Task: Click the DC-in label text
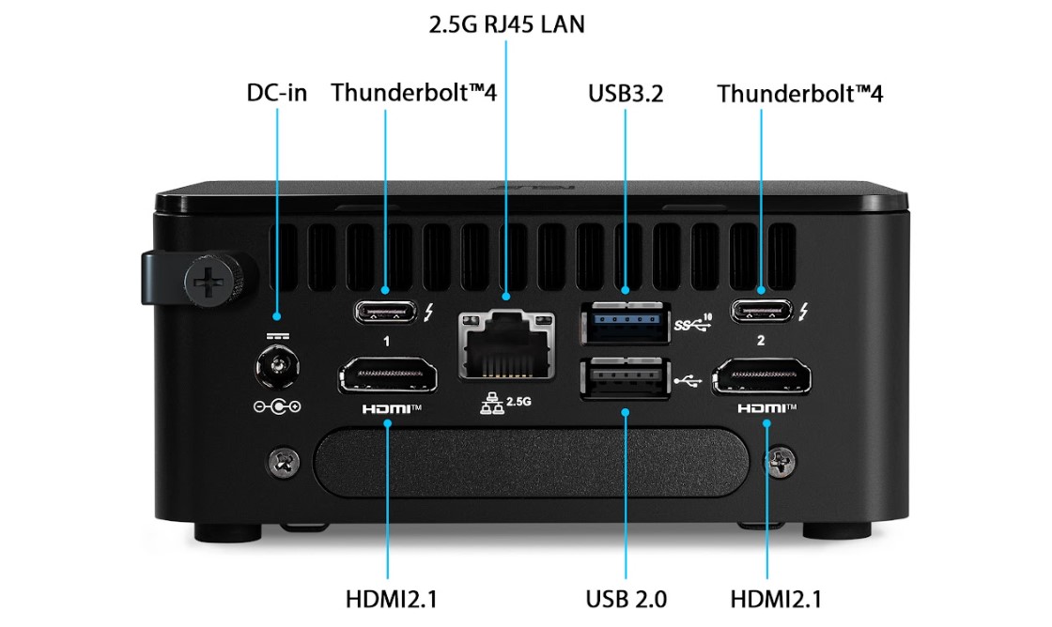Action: tap(277, 93)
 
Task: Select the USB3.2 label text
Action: tap(627, 93)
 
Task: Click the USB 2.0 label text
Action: tap(627, 599)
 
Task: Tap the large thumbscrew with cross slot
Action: tap(207, 279)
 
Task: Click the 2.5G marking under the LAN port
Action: tap(518, 402)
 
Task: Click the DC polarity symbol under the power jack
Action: tap(277, 406)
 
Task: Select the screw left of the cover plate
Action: tap(280, 460)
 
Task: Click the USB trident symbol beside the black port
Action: tap(688, 380)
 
